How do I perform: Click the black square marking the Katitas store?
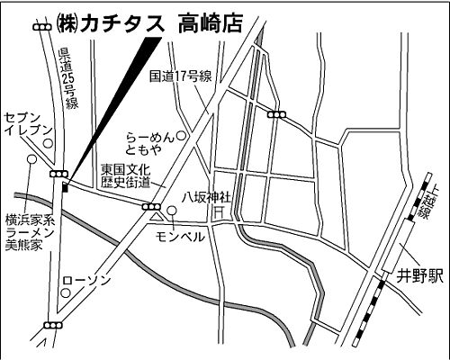coord(65,186)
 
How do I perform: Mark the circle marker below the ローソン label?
coord(65,292)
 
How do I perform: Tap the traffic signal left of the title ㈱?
coord(41,28)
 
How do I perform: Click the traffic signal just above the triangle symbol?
coord(150,206)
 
